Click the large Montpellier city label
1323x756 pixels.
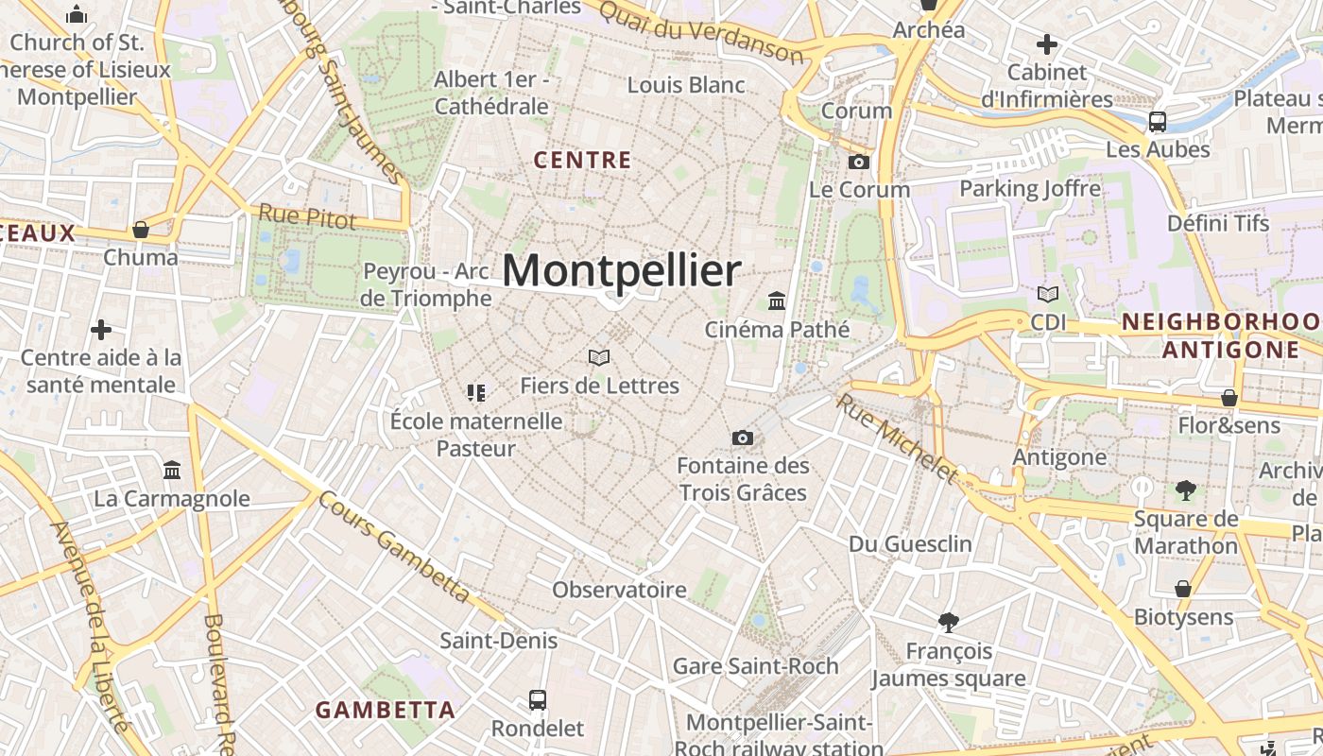click(621, 271)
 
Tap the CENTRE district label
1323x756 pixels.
click(582, 161)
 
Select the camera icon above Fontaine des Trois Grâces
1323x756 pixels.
click(743, 438)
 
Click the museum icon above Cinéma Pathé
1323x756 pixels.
click(777, 301)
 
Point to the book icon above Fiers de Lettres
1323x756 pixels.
click(599, 357)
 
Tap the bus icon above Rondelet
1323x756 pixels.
click(538, 700)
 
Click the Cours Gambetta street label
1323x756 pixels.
click(393, 546)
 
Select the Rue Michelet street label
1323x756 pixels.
click(896, 438)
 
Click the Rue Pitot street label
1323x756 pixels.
click(307, 216)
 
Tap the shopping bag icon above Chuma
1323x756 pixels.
click(141, 230)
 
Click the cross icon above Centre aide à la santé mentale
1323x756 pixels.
click(101, 330)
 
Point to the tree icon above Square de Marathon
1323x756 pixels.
click(1186, 490)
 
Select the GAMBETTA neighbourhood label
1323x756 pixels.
click(385, 710)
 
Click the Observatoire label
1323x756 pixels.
click(619, 590)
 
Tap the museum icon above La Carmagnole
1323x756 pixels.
click(172, 470)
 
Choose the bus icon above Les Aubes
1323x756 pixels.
click(1158, 122)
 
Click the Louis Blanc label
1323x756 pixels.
click(686, 85)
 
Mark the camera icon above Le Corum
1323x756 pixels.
click(859, 162)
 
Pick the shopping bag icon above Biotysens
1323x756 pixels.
click(1182, 589)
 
